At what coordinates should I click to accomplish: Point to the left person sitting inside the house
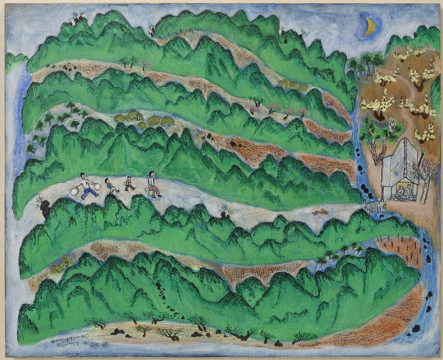[400, 190]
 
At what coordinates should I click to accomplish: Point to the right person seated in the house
[409, 190]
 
